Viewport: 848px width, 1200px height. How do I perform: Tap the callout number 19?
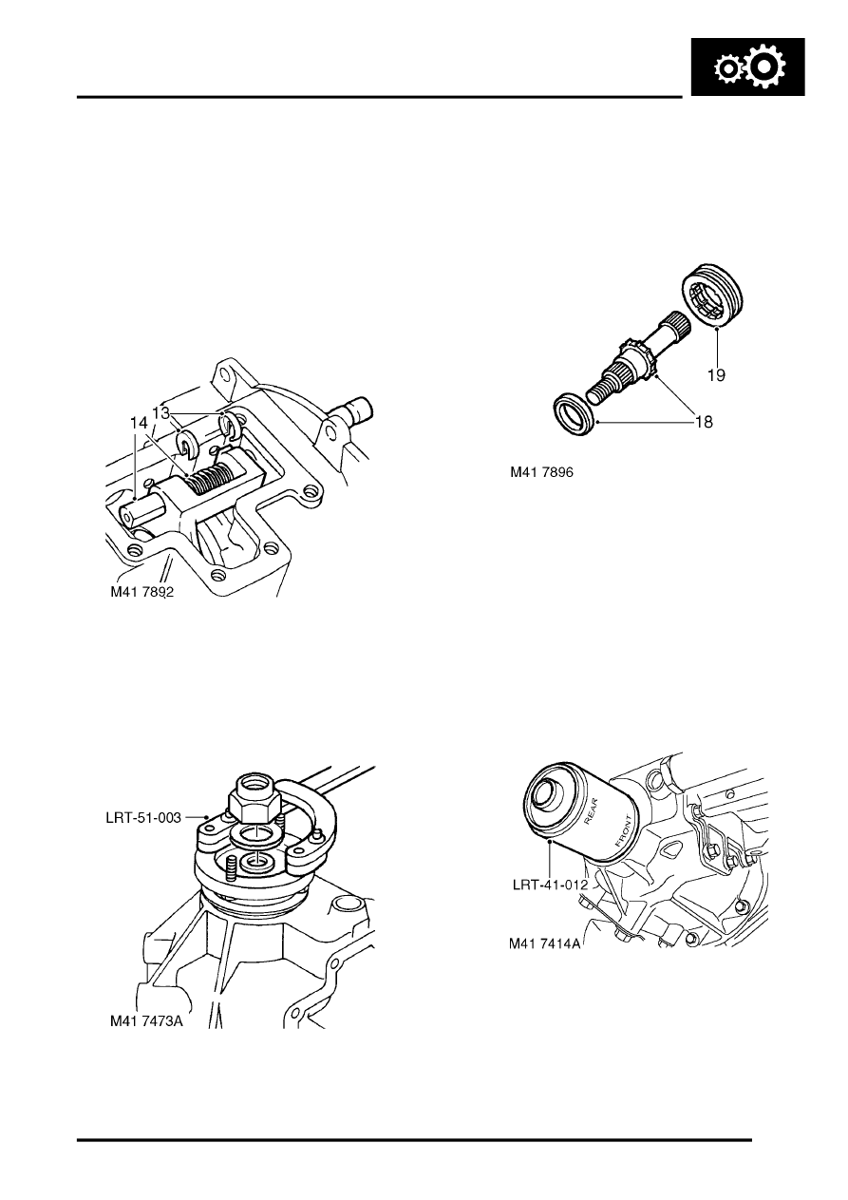coord(715,375)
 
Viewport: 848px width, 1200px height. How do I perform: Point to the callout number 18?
coord(704,421)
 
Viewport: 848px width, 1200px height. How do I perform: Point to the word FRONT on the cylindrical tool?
coord(622,833)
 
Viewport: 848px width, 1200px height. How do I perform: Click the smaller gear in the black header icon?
coord(728,70)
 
